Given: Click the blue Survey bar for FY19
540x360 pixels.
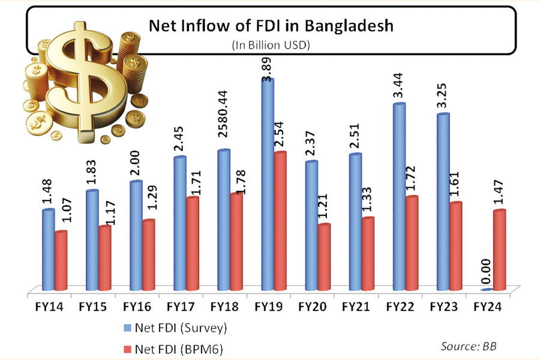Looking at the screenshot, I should click(x=267, y=186).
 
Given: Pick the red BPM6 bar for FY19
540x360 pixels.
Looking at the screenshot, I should click(x=280, y=222).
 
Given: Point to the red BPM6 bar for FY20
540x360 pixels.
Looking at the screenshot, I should click(x=323, y=258).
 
